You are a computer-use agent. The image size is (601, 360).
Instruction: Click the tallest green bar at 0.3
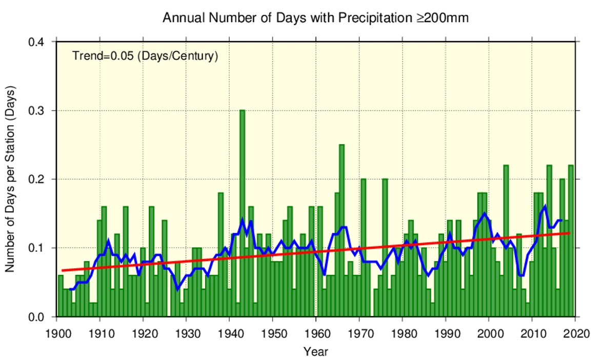[242, 215]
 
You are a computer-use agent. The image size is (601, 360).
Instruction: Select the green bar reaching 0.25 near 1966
[342, 231]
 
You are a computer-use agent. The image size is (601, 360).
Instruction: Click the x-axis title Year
[315, 352]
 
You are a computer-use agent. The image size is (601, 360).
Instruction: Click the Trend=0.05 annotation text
[145, 56]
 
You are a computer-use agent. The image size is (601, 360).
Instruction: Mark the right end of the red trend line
[570, 233]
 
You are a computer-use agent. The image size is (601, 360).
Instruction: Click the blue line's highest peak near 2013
[545, 206]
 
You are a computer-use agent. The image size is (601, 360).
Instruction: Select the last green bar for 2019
[571, 241]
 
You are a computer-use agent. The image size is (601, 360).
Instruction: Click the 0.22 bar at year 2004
[506, 241]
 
